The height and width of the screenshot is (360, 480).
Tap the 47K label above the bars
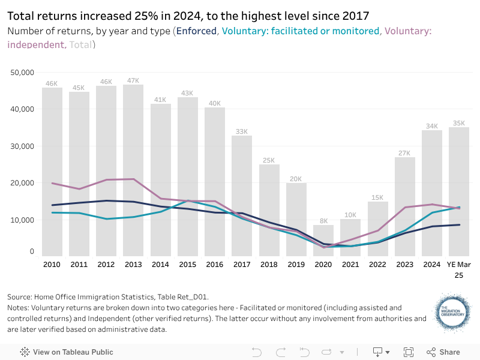click(x=133, y=80)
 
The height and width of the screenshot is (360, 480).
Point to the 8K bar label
click(x=323, y=220)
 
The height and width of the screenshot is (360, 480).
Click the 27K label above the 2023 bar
click(x=405, y=153)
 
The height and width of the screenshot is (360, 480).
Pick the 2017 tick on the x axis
click(x=242, y=264)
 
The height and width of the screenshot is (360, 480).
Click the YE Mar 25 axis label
click(x=459, y=269)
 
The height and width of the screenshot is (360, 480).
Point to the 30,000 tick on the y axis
click(x=23, y=146)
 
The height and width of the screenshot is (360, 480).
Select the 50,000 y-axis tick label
click(x=23, y=73)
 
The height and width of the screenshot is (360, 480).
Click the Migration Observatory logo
click(x=452, y=313)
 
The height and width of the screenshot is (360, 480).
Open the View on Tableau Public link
click(x=67, y=352)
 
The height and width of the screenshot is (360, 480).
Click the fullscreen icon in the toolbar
click(x=409, y=352)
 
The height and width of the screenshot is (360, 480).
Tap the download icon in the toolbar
click(x=378, y=352)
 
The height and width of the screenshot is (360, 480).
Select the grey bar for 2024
click(x=432, y=192)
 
